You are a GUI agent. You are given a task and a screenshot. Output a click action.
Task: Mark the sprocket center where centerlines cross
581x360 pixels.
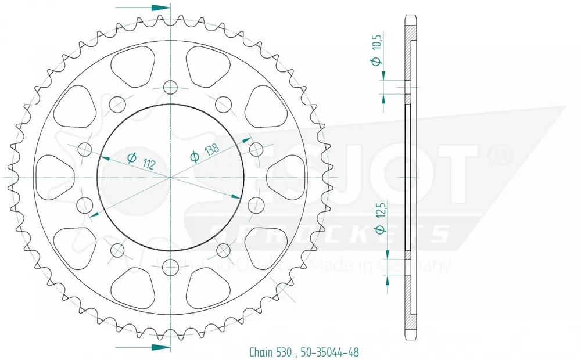pos(170,177)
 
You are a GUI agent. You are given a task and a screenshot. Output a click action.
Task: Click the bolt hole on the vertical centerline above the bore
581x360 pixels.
pos(170,87)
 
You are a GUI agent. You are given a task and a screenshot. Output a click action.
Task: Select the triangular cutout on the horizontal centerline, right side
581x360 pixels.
pos(285,177)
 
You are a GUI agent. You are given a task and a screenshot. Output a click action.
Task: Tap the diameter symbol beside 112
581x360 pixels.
pos(131,157)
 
